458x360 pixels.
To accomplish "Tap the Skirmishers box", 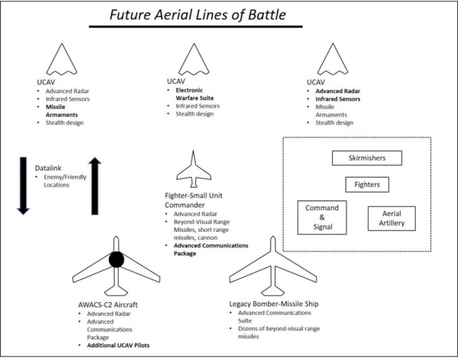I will coord(367,157).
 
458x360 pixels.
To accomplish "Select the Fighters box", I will coord(367,185).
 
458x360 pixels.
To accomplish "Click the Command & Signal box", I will coord(322,217).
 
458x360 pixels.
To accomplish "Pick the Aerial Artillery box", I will coord(390,218).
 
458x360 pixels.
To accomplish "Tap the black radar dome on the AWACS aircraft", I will coord(117,262).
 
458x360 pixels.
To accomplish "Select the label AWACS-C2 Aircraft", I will coord(109,304).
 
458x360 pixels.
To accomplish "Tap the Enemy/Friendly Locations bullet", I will coord(52,181).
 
